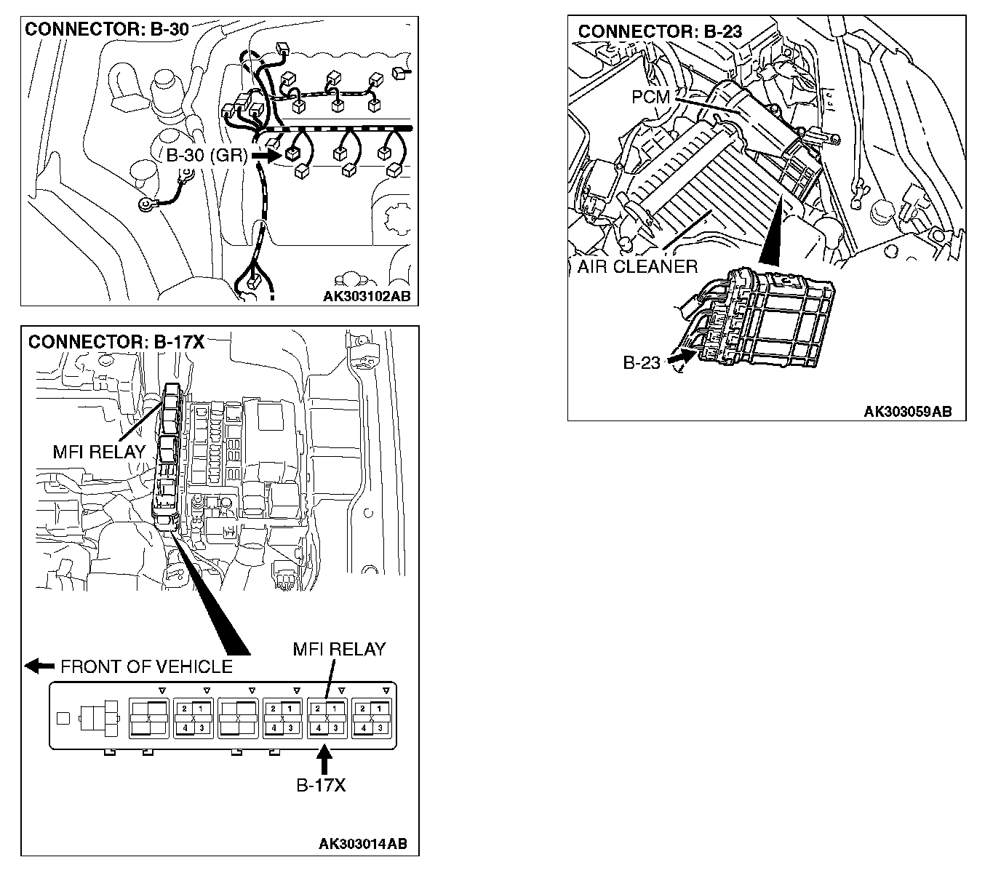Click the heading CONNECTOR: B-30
coord(107,30)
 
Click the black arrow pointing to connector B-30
coord(265,155)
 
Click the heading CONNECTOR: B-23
coord(660,31)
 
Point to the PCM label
coord(650,97)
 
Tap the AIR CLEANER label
coord(637,266)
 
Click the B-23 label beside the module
coord(641,362)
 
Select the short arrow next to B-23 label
coord(678,357)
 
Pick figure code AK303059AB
coord(907,412)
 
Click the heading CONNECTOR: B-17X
coord(116,342)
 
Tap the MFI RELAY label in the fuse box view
coord(99,452)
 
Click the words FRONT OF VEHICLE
coord(146,666)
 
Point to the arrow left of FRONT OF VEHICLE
coord(39,665)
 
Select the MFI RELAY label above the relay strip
coord(339,649)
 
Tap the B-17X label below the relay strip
coord(321,785)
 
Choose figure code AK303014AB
coord(363,844)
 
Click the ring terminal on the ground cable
coord(145,206)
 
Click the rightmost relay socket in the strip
coord(372,718)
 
